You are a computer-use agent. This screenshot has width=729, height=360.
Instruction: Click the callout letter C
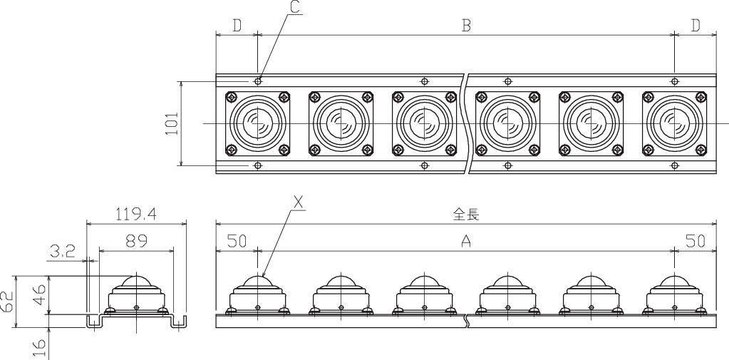294,9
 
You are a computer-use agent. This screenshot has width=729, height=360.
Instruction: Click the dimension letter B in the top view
466,26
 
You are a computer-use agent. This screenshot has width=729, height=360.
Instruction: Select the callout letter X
299,203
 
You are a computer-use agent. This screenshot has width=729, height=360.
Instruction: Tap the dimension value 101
172,123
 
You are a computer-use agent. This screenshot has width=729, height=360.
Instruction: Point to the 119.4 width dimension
136,213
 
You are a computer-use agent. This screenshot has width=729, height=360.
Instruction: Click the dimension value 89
136,241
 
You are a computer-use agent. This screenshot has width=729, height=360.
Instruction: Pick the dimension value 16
41,346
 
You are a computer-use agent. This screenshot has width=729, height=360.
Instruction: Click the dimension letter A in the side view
466,242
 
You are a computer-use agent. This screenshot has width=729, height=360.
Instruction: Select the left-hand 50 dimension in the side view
237,241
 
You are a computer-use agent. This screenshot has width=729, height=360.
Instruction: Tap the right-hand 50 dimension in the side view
695,241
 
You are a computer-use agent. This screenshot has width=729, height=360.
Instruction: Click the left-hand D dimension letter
237,26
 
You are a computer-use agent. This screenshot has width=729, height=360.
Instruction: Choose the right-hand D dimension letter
695,26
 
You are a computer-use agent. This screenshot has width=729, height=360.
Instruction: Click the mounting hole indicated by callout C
258,81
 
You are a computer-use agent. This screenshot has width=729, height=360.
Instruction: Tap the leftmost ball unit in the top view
257,123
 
